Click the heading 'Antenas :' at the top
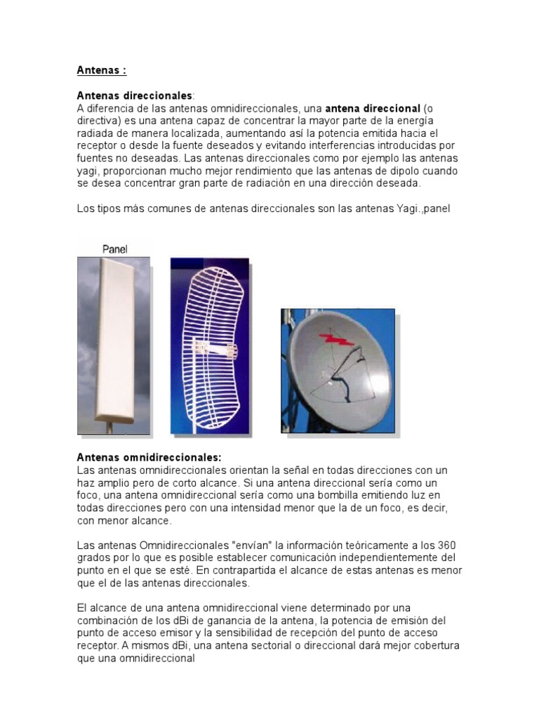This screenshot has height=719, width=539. [101, 71]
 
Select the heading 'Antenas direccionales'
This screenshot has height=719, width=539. [133, 95]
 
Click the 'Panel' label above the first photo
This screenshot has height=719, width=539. [114, 249]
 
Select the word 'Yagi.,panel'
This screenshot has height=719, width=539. [418, 209]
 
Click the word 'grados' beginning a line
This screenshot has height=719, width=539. [93, 558]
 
